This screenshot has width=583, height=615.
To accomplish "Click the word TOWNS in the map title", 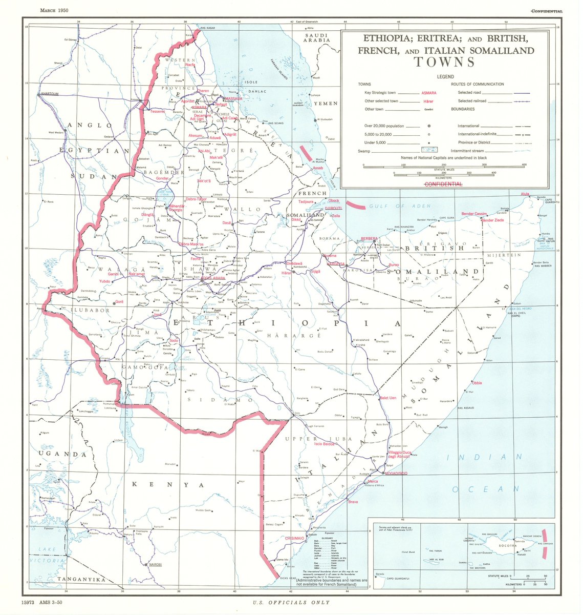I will point(444,62).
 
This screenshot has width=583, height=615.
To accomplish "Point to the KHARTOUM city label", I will point(50,94).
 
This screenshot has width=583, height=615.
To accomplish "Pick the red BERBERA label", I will point(369,239).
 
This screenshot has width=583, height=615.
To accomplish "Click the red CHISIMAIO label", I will point(295,538).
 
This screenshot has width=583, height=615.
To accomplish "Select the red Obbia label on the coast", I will point(477,383).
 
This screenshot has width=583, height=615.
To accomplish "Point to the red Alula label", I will point(525,194).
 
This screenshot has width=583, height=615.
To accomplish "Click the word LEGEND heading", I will point(444,76).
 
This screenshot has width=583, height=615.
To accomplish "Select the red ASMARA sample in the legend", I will point(428,93).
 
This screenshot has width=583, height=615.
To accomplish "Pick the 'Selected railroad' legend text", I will point(472,101).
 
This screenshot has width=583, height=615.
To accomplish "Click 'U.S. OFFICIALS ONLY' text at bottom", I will point(291,603).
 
